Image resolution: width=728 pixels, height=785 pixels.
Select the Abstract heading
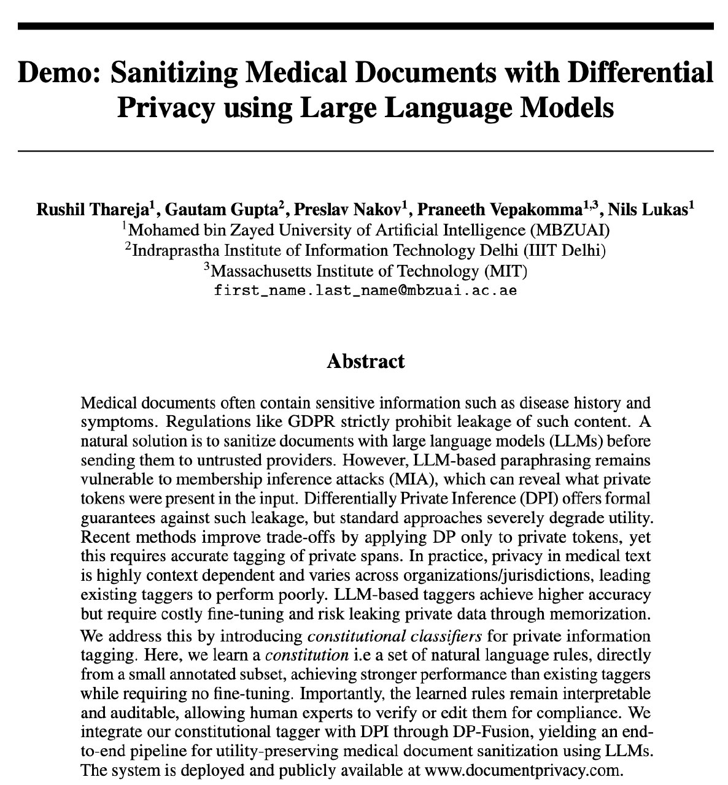365,361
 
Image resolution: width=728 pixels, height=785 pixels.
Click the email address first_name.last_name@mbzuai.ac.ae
365,291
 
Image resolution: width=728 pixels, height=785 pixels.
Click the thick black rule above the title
365,26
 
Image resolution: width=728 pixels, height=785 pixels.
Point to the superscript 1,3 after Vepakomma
591,205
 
